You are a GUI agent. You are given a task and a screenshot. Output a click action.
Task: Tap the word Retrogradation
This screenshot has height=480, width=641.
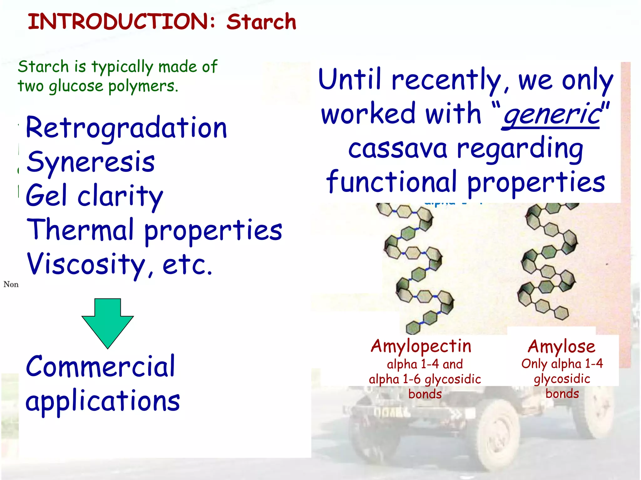click(x=126, y=128)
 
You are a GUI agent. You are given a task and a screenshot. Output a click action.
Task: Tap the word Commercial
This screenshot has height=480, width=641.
click(x=100, y=367)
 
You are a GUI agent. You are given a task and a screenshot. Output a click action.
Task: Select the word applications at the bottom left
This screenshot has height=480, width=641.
click(x=103, y=402)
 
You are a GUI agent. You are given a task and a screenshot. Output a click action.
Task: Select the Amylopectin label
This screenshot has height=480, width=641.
click(x=421, y=346)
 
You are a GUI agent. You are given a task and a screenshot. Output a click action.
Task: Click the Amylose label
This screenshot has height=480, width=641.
click(x=562, y=346)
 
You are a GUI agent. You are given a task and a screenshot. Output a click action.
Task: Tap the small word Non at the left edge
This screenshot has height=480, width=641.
click(x=11, y=284)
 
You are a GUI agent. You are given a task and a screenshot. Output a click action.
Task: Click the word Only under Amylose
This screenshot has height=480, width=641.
click(x=534, y=363)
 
